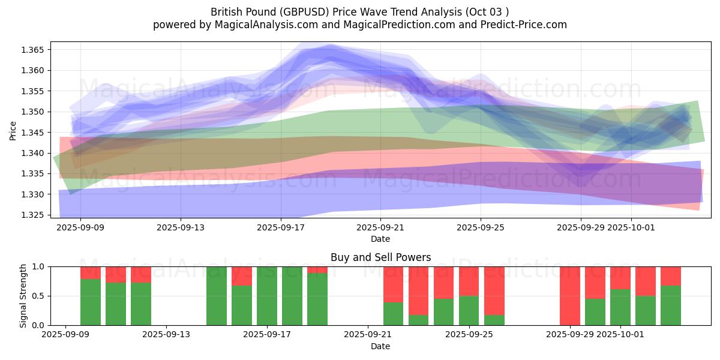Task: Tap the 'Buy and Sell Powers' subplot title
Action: pyautogui.click(x=380, y=257)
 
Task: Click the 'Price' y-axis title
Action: pyautogui.click(x=13, y=130)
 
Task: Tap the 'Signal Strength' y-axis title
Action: pyautogui.click(x=23, y=296)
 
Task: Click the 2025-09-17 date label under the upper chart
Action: pyautogui.click(x=280, y=228)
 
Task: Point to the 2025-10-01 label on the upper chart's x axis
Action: pyautogui.click(x=631, y=228)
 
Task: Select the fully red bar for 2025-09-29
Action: pyautogui.click(x=569, y=296)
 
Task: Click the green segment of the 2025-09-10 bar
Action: pyautogui.click(x=116, y=304)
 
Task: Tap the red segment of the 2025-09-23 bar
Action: pyautogui.click(x=443, y=282)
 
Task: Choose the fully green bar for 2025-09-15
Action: pyautogui.click(x=217, y=296)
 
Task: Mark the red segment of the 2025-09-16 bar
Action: pyautogui.click(x=242, y=276)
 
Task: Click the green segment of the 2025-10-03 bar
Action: pyautogui.click(x=670, y=305)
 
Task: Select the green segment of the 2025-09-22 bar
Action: pyautogui.click(x=418, y=320)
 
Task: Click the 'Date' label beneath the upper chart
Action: pyautogui.click(x=380, y=239)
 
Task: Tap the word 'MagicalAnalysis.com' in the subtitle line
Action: pyautogui.click(x=262, y=25)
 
